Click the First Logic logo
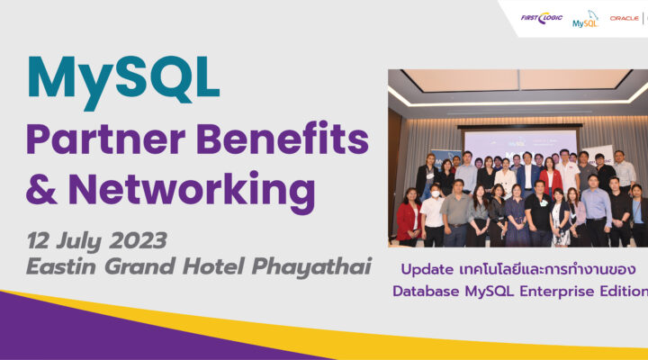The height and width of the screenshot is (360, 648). [542, 18]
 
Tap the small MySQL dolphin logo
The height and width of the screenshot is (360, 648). [586, 20]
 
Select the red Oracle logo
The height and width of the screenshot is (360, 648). [625, 19]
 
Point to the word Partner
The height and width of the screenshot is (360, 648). [106, 139]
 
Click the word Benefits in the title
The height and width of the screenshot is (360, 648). [283, 138]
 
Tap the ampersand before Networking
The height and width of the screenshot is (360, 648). [41, 189]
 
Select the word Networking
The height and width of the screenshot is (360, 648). [192, 192]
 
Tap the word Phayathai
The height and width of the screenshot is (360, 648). [311, 267]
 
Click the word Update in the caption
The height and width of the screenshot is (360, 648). [427, 270]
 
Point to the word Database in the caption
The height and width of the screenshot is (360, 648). [426, 292]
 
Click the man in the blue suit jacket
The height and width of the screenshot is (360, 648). [526, 174]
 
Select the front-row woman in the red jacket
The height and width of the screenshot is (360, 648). [409, 217]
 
